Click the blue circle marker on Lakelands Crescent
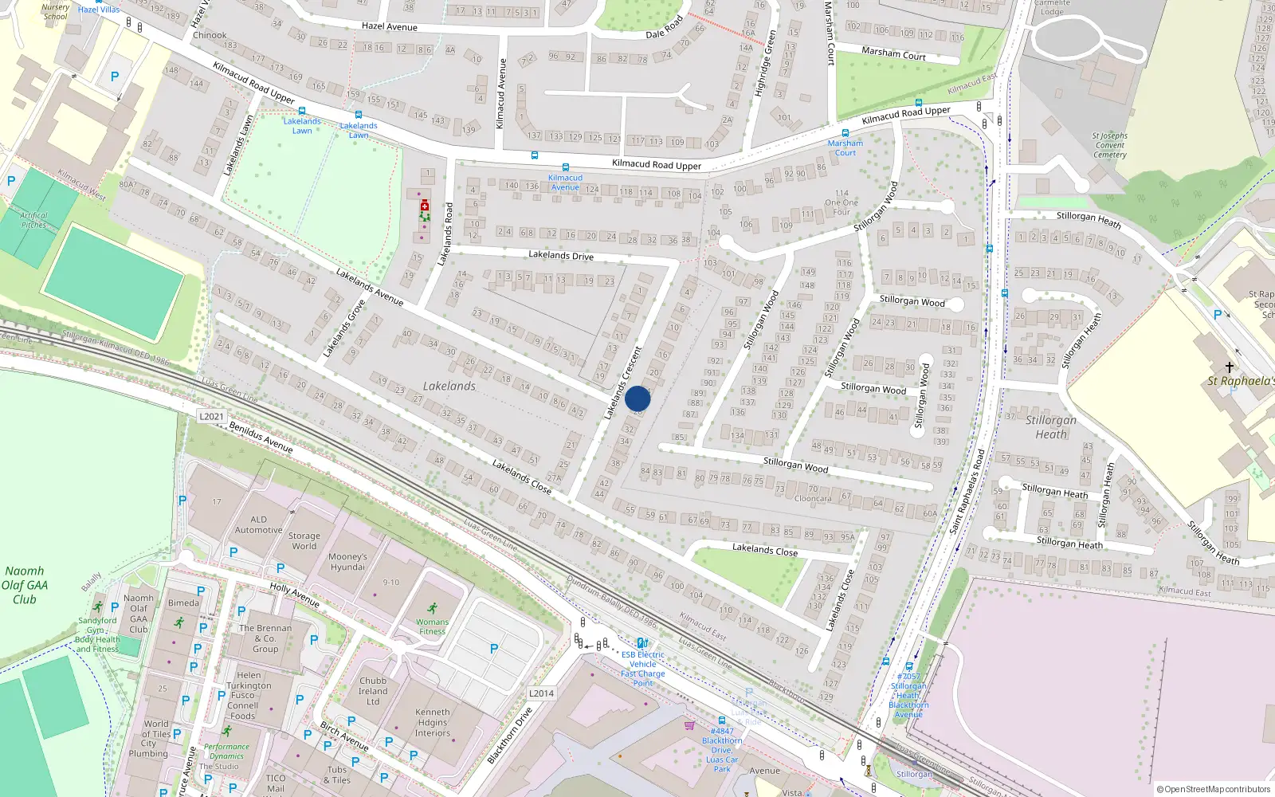(637, 398)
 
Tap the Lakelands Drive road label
(561, 255)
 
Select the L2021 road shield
(211, 416)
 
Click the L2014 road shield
(541, 693)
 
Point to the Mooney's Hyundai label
(347, 562)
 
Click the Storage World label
(304, 541)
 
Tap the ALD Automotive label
(258, 524)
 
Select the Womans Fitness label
(432, 626)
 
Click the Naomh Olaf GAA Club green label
(25, 585)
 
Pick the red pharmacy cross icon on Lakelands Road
(425, 206)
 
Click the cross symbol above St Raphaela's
(1229, 367)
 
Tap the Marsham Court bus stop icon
(845, 133)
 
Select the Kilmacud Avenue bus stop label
(565, 183)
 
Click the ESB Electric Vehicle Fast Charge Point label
(643, 669)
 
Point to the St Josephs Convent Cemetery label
(1110, 145)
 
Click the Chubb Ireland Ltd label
(373, 691)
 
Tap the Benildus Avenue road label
(261, 438)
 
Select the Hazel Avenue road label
(390, 26)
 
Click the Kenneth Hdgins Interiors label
(433, 722)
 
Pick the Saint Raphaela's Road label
(967, 492)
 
